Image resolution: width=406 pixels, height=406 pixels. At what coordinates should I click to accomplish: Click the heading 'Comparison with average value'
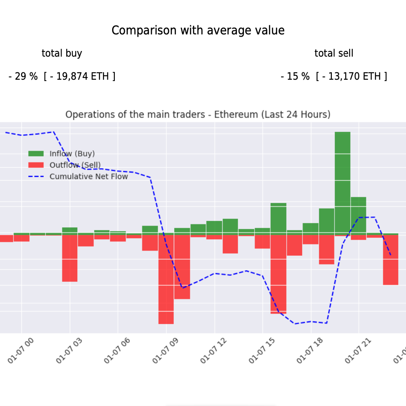(198, 30)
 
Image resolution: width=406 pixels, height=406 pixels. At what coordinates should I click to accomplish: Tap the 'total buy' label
(62, 54)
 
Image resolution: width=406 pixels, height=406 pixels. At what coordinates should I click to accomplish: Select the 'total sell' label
(334, 54)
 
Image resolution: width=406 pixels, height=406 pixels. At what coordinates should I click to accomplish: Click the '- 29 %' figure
(23, 77)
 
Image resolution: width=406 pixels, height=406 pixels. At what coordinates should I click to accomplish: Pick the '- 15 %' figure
(295, 77)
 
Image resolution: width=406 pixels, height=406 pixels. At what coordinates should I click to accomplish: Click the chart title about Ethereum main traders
(198, 115)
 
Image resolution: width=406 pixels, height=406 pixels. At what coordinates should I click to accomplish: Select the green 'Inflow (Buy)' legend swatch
(36, 154)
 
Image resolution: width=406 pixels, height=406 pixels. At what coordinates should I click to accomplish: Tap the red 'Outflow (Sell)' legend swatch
(36, 165)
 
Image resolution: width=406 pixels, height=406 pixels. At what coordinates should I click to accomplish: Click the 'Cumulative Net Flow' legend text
(89, 176)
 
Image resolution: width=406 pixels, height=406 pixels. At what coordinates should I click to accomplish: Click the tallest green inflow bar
(342, 183)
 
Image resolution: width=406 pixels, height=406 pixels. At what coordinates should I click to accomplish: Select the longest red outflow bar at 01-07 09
(166, 279)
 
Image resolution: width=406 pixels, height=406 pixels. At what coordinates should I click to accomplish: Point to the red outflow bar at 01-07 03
(69, 258)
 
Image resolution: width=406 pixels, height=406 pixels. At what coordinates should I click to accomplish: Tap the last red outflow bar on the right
(391, 260)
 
